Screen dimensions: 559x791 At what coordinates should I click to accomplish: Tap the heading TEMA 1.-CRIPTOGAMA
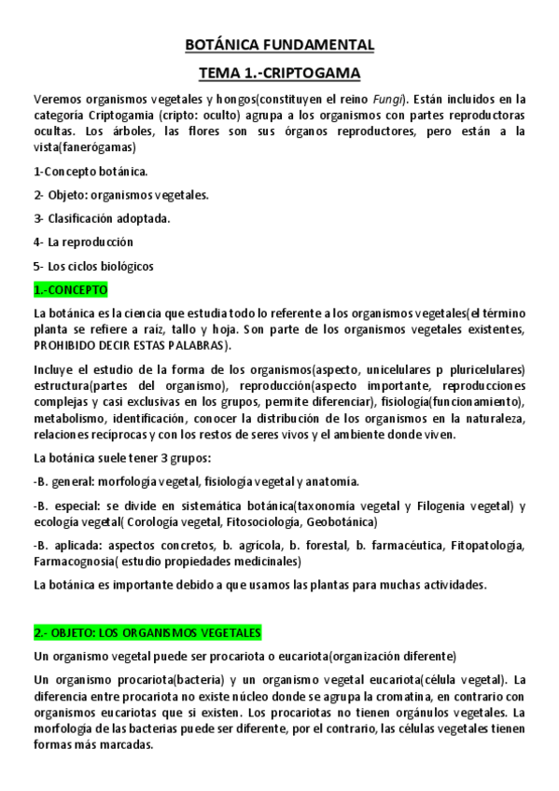tap(280, 72)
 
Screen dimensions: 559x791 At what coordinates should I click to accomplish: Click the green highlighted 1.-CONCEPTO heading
tap(71, 289)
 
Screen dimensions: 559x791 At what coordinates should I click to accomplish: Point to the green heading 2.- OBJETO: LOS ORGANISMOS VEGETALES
tap(147, 632)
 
